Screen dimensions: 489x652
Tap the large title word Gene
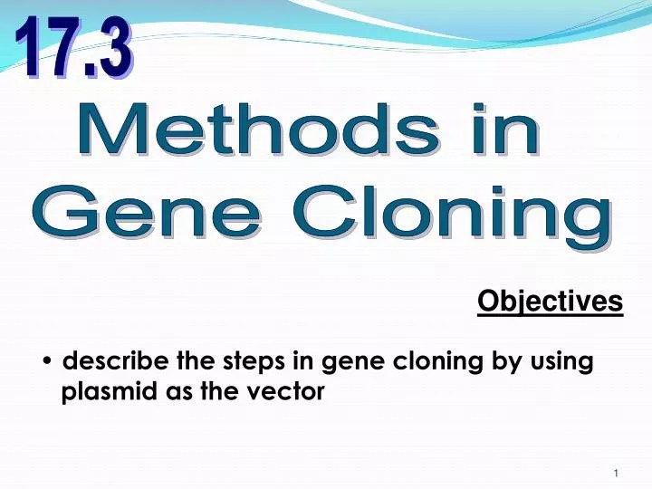[140, 216]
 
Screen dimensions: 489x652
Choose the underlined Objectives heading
[550, 302]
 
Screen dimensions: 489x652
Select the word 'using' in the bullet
[564, 362]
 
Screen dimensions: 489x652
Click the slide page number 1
[616, 474]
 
